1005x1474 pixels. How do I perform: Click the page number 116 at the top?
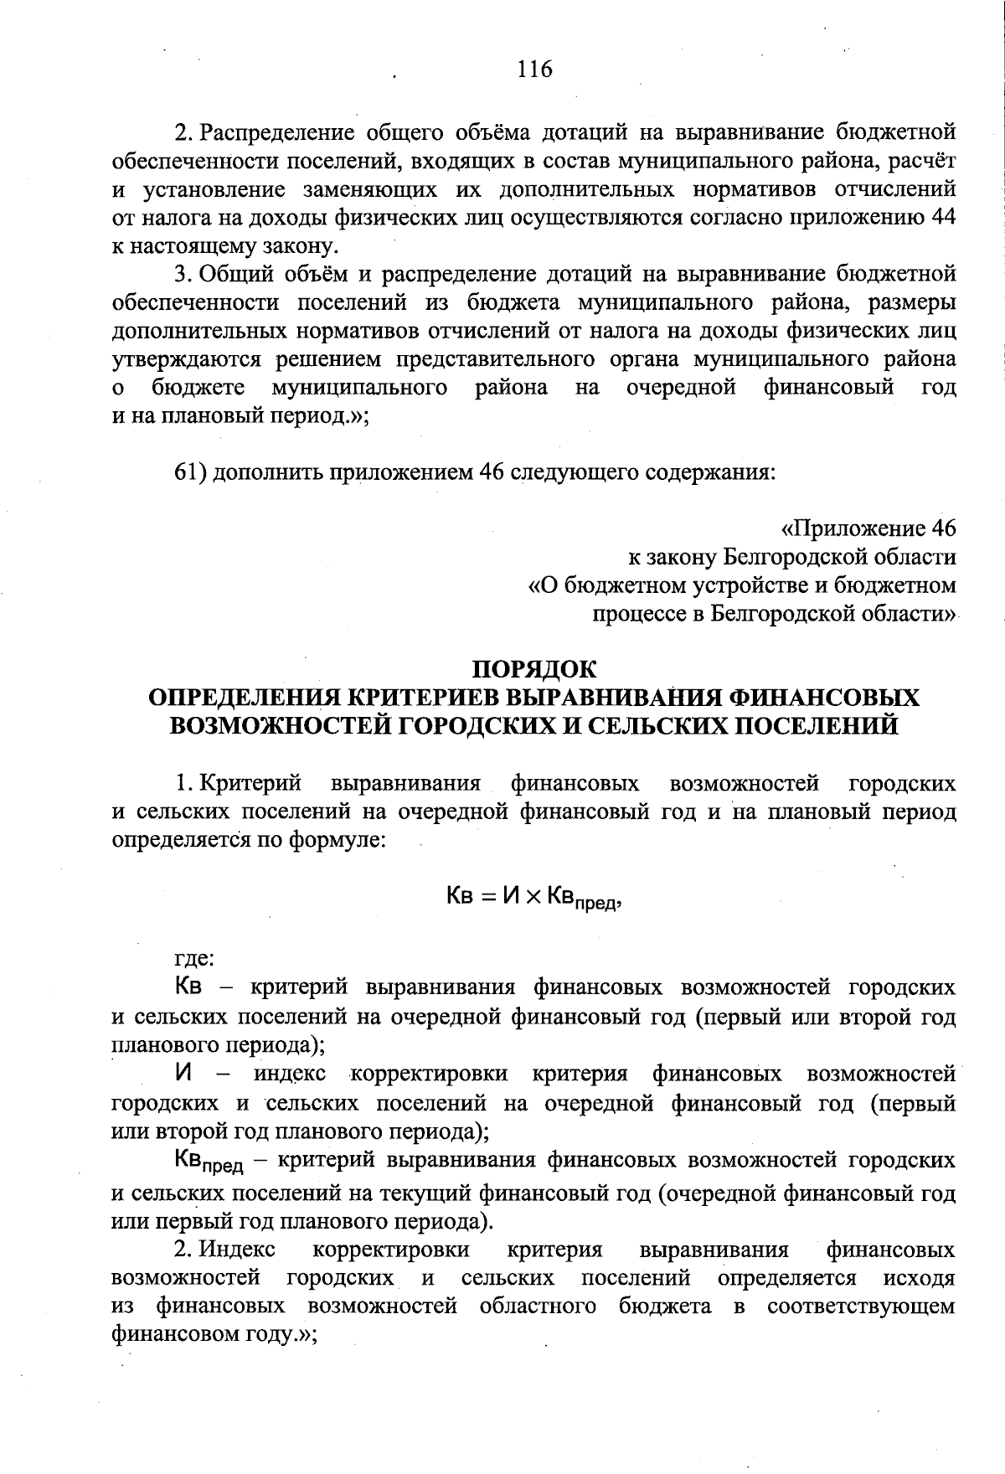tap(535, 70)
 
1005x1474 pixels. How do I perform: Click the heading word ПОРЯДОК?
tap(535, 670)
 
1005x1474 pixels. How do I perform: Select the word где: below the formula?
tap(193, 958)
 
